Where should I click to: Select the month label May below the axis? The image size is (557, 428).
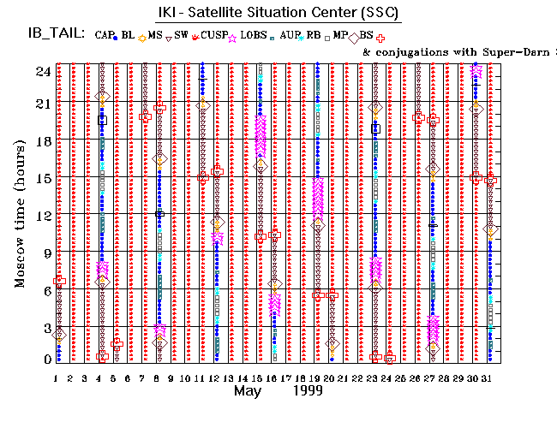(249, 390)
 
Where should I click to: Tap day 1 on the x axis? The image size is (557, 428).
(57, 377)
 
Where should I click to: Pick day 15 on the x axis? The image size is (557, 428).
(259, 377)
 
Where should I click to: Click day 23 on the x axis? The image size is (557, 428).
(374, 377)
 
